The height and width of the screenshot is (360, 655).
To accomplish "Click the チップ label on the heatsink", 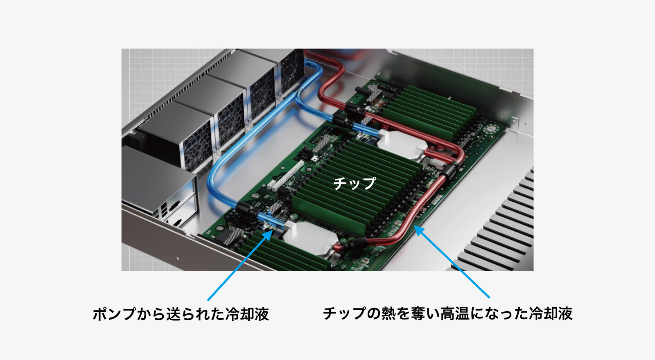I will click(x=354, y=183).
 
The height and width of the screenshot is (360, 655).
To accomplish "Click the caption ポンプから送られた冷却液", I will click(x=181, y=314).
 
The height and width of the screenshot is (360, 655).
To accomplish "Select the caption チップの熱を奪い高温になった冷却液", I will click(x=447, y=314).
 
